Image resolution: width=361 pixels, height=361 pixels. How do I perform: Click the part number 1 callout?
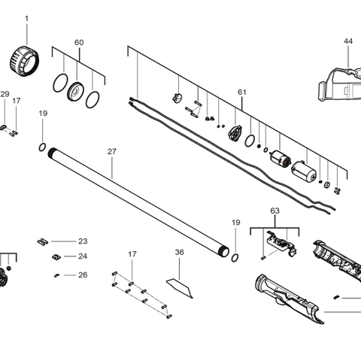pos(26,17)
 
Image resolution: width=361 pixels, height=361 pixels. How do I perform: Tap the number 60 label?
pos(79,43)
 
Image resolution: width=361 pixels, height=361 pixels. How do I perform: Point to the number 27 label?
pos(112,151)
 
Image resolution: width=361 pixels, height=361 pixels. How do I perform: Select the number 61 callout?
pos(241,92)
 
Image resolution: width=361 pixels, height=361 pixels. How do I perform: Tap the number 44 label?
pos(347,41)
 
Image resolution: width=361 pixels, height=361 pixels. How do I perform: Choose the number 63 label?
pos(275,212)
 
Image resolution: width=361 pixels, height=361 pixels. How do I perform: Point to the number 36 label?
pos(179,252)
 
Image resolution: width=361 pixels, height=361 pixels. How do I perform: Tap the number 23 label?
pos(83,241)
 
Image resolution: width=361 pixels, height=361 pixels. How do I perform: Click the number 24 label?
pos(83,256)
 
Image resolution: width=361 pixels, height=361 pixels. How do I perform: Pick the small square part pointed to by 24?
pos(55,256)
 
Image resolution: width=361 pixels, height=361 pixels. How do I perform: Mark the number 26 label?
pos(83,275)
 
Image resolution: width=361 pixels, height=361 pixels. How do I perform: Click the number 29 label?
pos(5,94)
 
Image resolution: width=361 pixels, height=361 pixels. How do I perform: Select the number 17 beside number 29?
pos(17,100)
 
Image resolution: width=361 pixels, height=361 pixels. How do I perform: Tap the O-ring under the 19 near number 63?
pos(236,257)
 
